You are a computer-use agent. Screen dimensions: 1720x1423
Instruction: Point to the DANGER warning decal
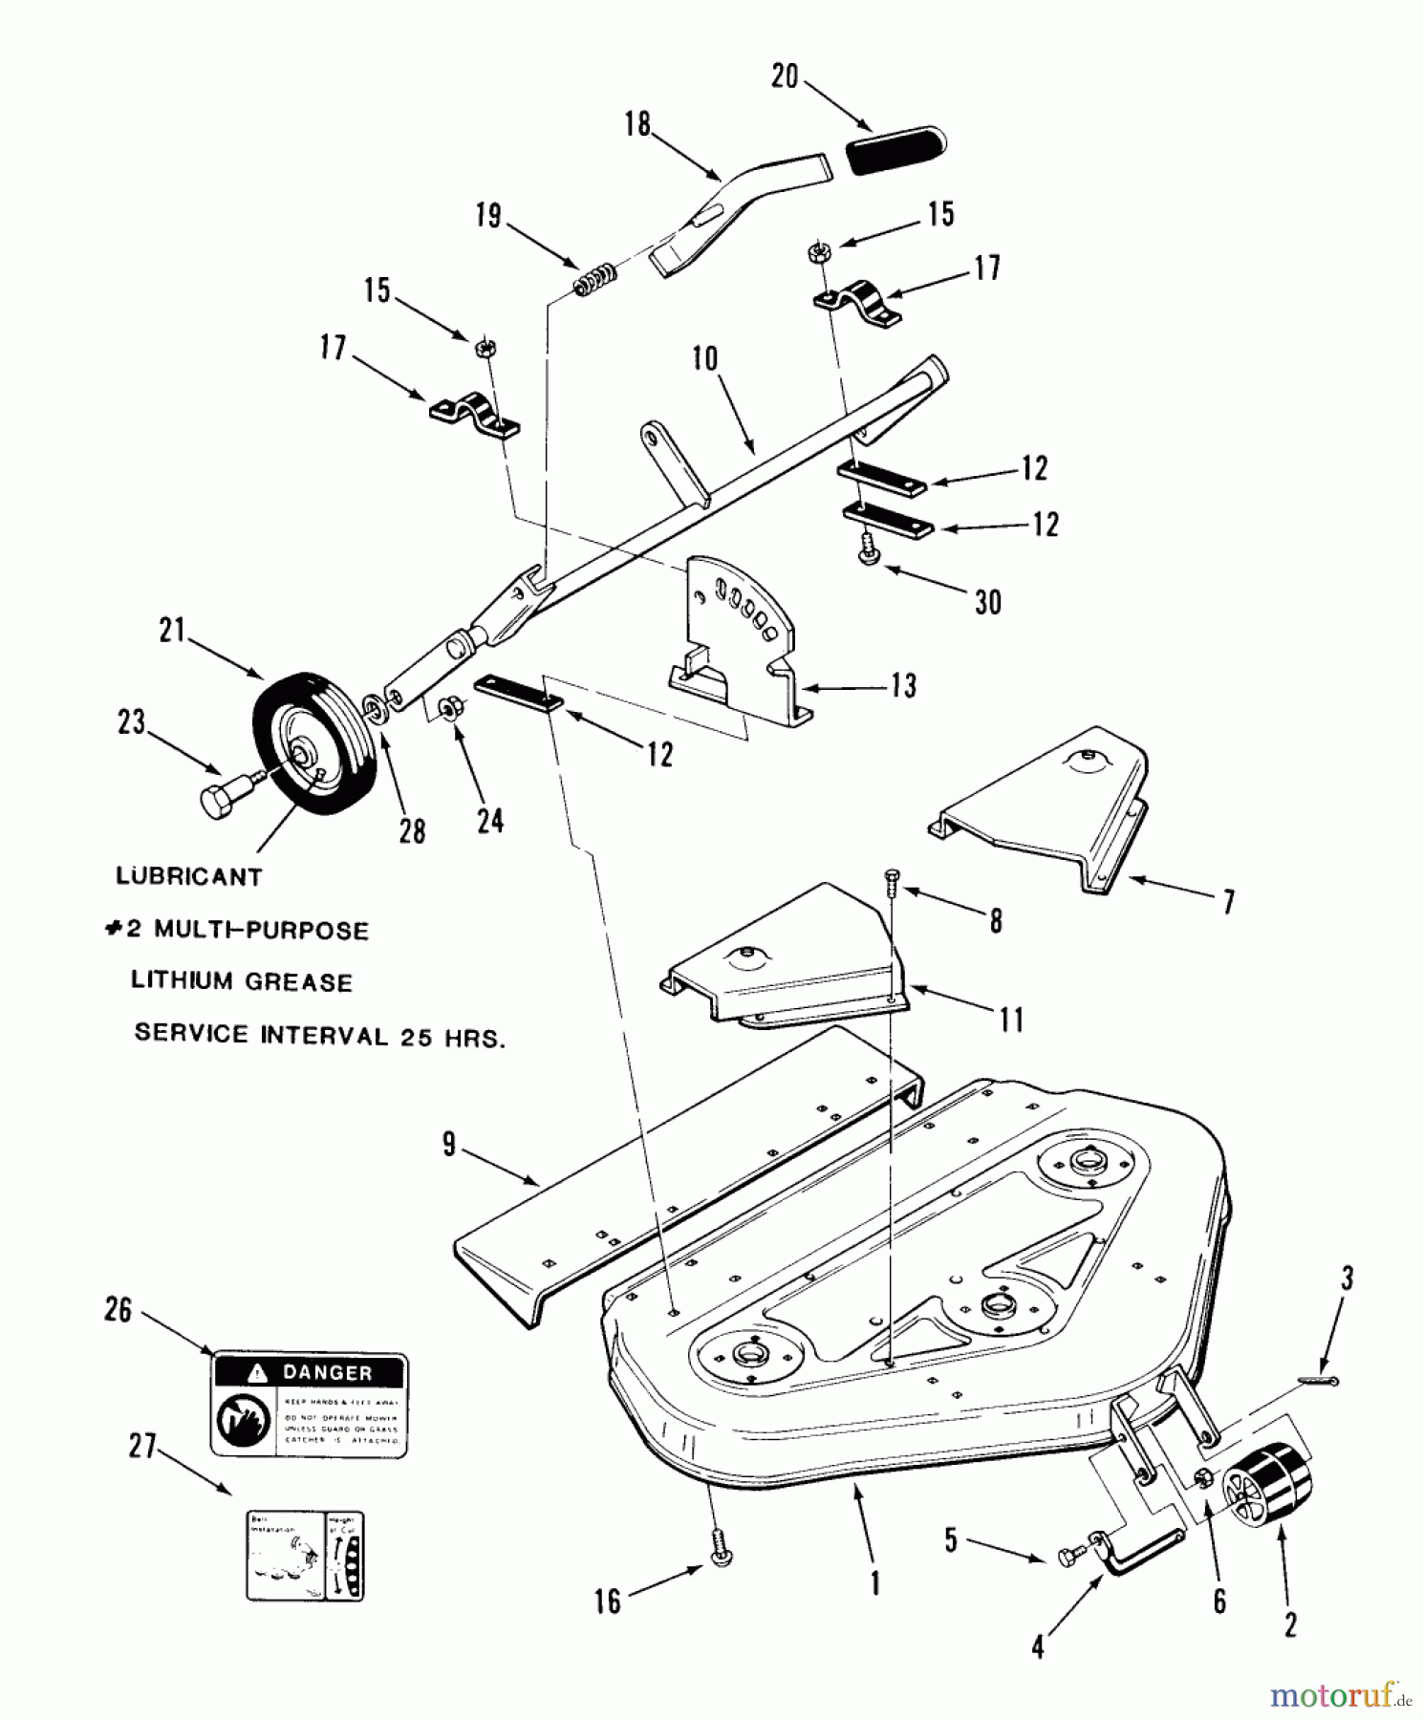pyautogui.click(x=309, y=1404)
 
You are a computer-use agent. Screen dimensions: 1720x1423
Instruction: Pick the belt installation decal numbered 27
pyautogui.click(x=305, y=1556)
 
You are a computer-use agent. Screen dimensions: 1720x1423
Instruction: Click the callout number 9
pyautogui.click(x=449, y=1144)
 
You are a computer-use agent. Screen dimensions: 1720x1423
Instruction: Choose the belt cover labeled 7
pyautogui.click(x=1042, y=812)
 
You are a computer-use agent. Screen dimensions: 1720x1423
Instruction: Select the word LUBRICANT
pyautogui.click(x=188, y=876)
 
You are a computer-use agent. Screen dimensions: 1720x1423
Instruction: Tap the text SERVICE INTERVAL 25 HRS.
pyautogui.click(x=318, y=1035)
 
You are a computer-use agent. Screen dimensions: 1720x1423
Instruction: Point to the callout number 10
pyautogui.click(x=705, y=360)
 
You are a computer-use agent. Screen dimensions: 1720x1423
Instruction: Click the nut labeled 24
pyautogui.click(x=446, y=708)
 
